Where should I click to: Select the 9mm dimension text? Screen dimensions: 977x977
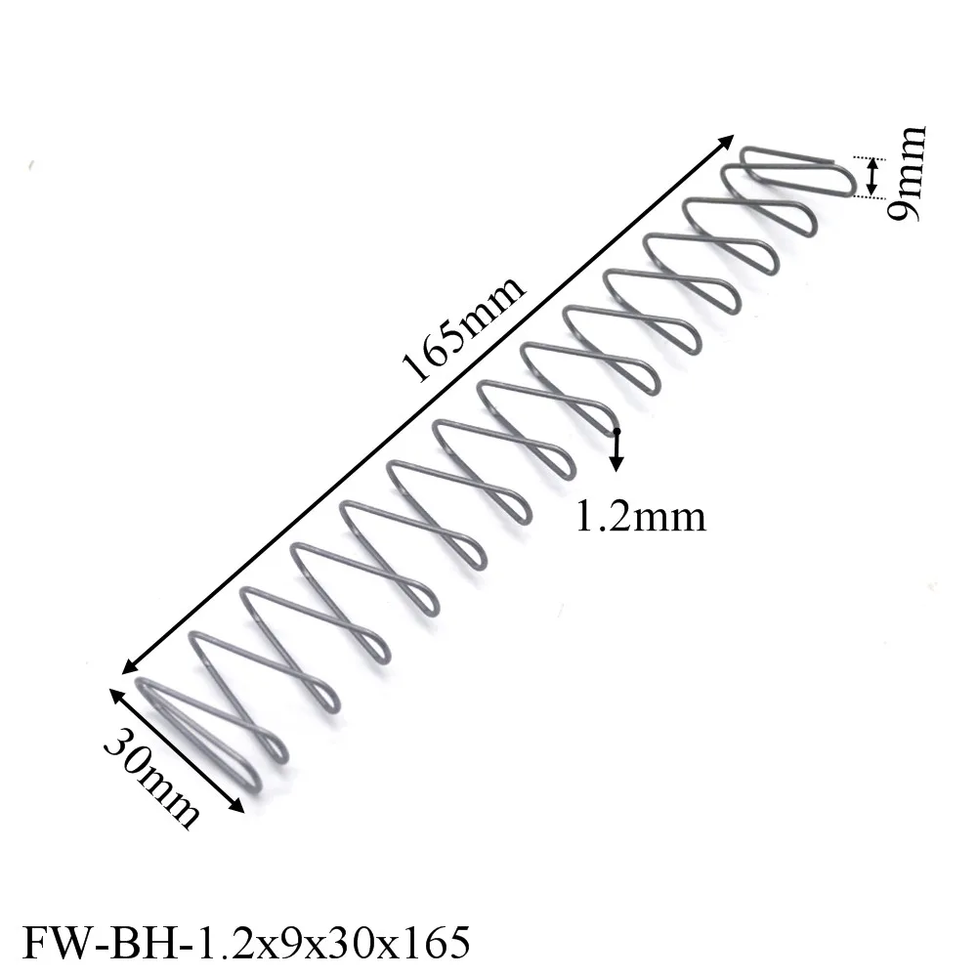tap(907, 175)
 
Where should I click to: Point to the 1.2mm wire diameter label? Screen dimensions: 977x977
tap(640, 514)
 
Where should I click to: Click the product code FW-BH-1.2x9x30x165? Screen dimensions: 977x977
tap(246, 944)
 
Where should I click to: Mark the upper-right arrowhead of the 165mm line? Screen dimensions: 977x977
tap(726, 142)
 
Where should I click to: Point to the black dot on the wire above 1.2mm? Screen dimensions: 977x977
tap(616, 431)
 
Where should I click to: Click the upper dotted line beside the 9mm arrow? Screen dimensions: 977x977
tap(868, 157)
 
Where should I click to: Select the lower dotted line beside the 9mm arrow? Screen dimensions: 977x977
tap(868, 197)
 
